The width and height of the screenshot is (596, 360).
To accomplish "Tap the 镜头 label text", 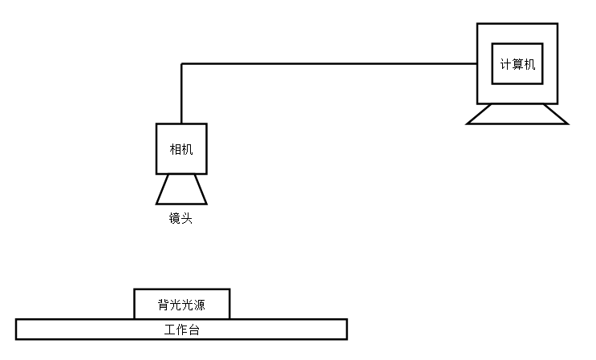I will tap(180, 218).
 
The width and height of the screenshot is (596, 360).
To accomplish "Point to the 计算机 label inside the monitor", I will tap(517, 64).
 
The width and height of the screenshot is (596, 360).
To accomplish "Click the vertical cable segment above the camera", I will tap(181, 93).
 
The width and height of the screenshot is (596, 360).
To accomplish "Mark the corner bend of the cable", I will tap(181, 63).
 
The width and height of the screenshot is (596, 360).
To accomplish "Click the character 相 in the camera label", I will tap(175, 149).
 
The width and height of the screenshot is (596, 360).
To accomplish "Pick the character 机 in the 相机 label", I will tap(187, 149).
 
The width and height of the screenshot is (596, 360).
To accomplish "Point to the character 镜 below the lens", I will tap(175, 218).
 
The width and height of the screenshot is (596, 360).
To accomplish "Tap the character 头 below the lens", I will tap(187, 218).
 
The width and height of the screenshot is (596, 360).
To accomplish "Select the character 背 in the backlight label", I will tap(164, 305).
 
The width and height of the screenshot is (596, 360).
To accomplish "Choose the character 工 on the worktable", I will tap(169, 330).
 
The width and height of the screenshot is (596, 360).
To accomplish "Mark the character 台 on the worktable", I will tap(193, 330).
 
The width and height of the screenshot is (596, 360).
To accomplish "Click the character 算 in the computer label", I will tap(517, 64).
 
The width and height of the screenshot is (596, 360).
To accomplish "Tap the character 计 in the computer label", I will tap(505, 64).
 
